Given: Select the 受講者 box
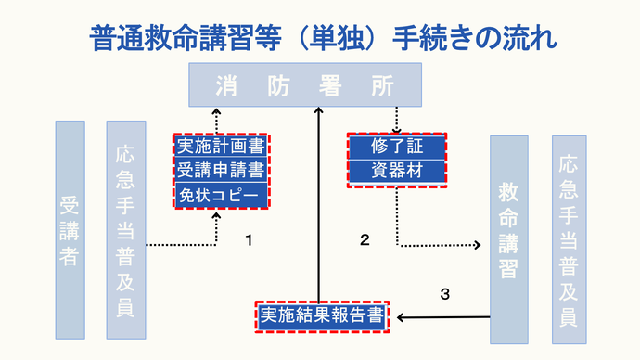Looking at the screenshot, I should click(70, 229).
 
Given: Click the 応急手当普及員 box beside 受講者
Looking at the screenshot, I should click(126, 229).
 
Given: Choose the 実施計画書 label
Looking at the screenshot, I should click(220, 147).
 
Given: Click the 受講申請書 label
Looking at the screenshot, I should click(220, 171).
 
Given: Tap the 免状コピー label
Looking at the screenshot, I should click(220, 196).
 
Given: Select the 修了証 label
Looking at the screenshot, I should click(396, 147).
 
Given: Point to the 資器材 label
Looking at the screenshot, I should click(396, 172).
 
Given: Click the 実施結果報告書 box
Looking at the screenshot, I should click(323, 316).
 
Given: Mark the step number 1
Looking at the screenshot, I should click(249, 240).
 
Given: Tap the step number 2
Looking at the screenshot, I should click(365, 240).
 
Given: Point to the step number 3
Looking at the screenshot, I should click(444, 294).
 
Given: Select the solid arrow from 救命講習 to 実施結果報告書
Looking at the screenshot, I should click(443, 317).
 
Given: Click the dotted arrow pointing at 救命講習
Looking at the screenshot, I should click(441, 246).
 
